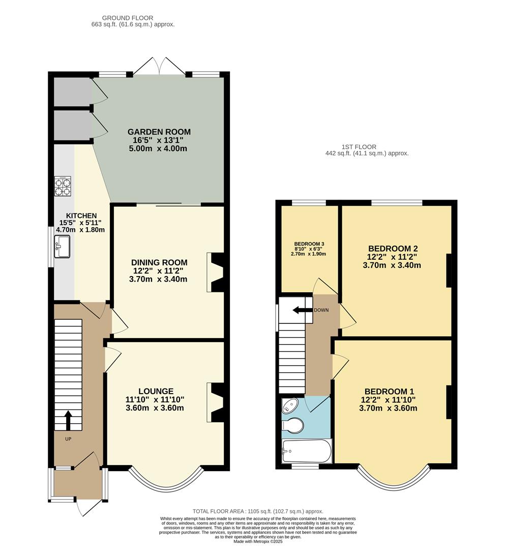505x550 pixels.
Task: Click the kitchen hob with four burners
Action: click(x=63, y=186)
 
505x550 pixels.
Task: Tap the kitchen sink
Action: click(x=62, y=247)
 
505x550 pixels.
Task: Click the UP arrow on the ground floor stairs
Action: click(x=68, y=420)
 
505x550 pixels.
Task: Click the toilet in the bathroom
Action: click(x=293, y=424)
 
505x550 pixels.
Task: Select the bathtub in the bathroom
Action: click(x=306, y=451)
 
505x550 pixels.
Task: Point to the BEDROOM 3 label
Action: click(x=309, y=244)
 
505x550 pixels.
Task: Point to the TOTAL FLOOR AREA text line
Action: click(x=258, y=511)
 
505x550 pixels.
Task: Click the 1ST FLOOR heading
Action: click(x=367, y=146)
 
